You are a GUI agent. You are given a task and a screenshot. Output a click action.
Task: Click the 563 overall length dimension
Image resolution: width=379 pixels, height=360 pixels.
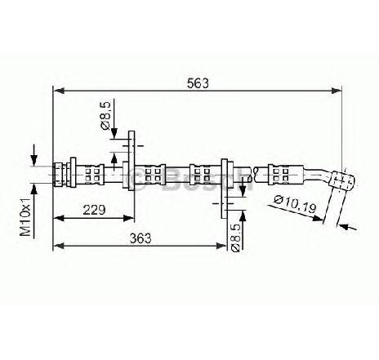click(x=198, y=83)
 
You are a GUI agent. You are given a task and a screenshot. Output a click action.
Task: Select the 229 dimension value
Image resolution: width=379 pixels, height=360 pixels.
click(x=94, y=210)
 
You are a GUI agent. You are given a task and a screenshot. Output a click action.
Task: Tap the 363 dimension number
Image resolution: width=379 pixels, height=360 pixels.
click(x=140, y=238)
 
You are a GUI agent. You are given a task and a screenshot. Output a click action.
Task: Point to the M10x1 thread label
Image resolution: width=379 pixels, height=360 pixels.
click(x=25, y=216)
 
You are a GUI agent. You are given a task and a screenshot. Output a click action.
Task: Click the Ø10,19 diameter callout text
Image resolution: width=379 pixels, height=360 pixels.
click(x=296, y=204)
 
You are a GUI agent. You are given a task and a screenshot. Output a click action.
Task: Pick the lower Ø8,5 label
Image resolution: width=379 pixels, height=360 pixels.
click(x=235, y=238)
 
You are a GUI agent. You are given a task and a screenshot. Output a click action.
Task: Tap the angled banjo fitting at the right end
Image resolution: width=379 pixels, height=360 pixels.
click(x=342, y=179)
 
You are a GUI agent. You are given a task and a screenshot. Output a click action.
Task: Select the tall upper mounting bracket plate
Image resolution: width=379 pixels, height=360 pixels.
click(x=132, y=161)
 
